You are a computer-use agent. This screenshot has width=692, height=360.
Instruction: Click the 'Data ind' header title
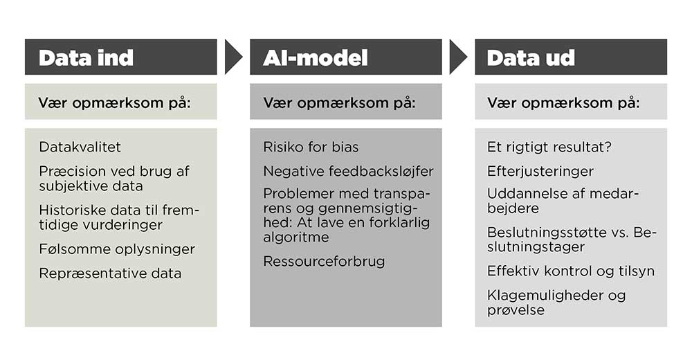pos(86,58)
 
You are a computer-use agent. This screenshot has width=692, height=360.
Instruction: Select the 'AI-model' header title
pos(316,58)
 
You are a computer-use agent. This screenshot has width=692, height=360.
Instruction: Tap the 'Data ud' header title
pos(531,58)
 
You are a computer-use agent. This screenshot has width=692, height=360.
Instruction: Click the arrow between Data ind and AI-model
pos(233,57)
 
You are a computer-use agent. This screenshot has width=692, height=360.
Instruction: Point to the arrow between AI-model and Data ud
pos(459,57)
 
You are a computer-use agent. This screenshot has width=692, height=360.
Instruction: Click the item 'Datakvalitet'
pos(80,147)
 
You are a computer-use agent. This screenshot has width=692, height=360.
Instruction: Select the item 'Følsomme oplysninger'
pos(117,249)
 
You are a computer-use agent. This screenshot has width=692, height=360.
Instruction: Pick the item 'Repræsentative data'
pos(110,273)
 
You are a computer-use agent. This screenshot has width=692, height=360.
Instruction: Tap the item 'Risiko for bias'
pos(311,147)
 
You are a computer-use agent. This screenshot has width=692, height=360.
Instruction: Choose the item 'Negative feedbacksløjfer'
pos(349,171)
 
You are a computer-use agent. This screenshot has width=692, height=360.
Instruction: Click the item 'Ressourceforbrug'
pos(324,261)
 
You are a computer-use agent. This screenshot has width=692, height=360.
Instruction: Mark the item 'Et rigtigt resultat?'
pos(549,147)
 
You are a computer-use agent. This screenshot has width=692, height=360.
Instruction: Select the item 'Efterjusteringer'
pos(540,171)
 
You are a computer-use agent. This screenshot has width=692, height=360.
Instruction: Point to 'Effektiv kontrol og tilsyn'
pos(571,271)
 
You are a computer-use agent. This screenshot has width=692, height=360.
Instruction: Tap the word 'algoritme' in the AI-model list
pos(296,237)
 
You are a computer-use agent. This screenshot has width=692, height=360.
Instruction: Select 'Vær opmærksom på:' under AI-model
pos(339,102)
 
